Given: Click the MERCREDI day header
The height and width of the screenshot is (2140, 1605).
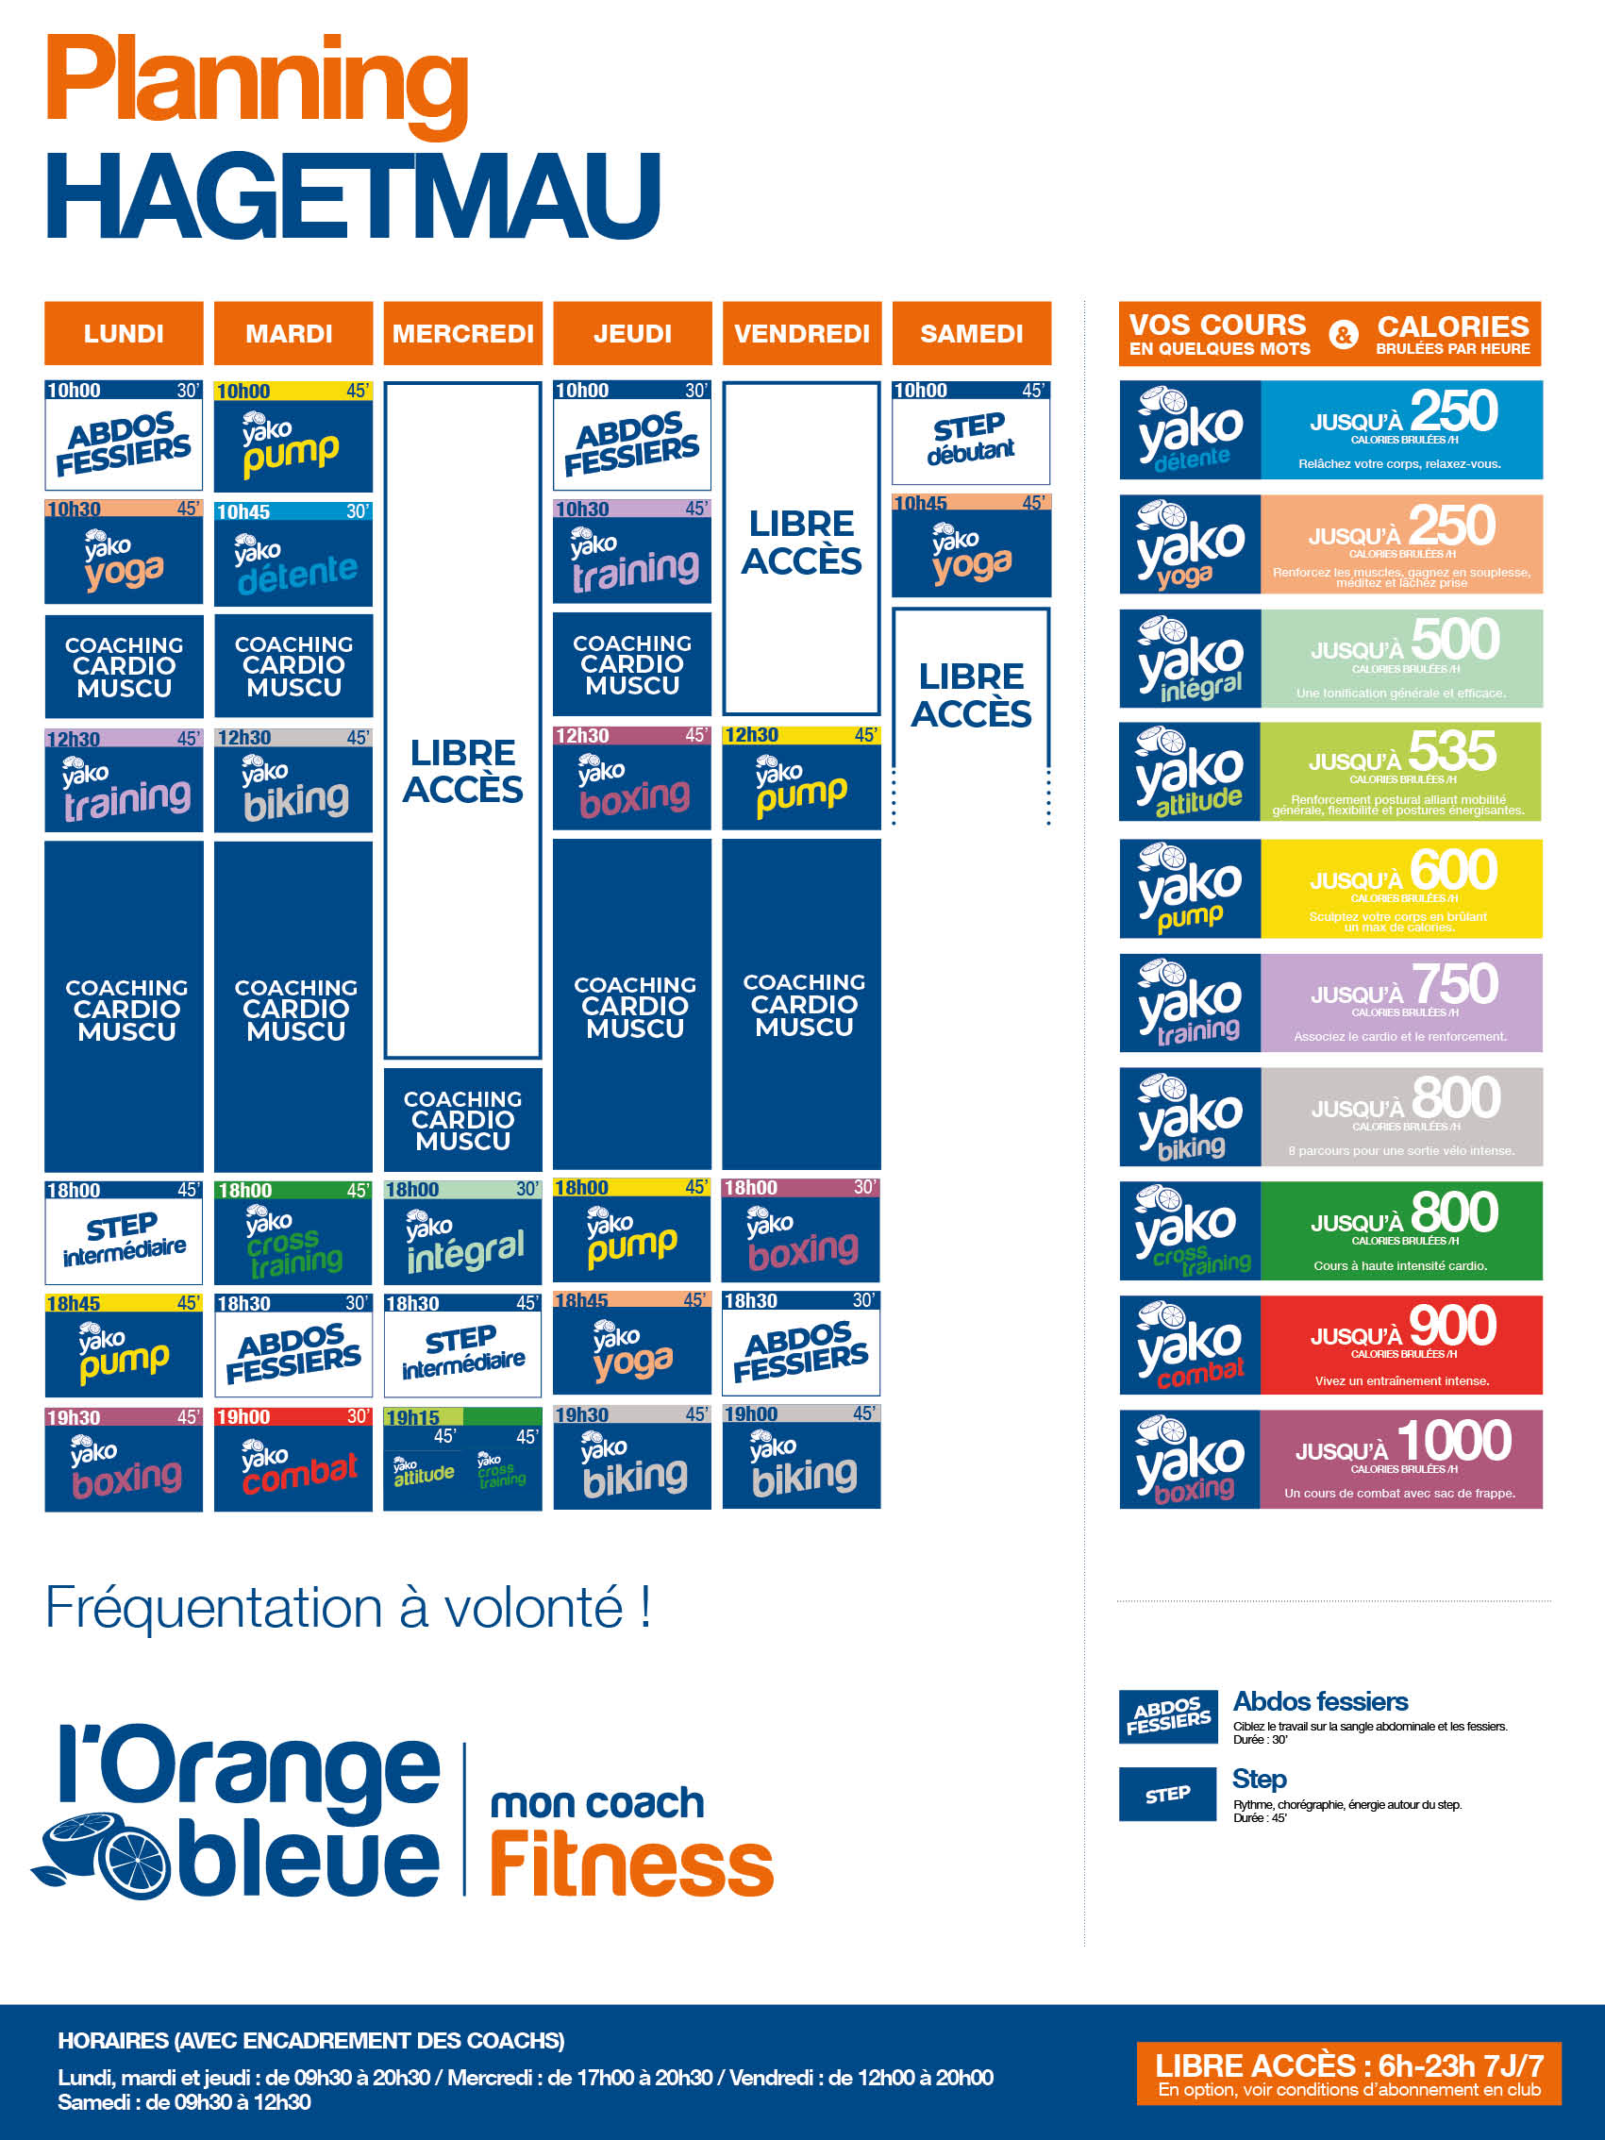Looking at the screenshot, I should point(462,334).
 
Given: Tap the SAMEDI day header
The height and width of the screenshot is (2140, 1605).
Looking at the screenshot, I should point(971,334).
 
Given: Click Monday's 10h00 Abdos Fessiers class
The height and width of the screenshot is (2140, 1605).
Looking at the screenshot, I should point(124,436).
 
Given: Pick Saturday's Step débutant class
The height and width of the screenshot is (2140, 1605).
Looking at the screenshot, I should point(970,433).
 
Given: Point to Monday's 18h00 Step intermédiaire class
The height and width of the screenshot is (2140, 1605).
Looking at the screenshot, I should point(124,1234).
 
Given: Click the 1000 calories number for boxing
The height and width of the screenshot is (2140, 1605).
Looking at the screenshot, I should point(1454,1441).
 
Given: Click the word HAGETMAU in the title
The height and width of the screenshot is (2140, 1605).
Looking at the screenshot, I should point(353,196).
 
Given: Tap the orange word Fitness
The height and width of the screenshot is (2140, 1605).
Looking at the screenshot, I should point(632,1864).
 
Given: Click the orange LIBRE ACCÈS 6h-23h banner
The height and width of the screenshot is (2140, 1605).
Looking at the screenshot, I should point(1348,2073).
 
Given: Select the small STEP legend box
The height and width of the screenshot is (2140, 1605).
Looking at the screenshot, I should point(1167,1795).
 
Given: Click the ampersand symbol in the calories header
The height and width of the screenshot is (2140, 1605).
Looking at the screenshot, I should point(1343,335).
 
